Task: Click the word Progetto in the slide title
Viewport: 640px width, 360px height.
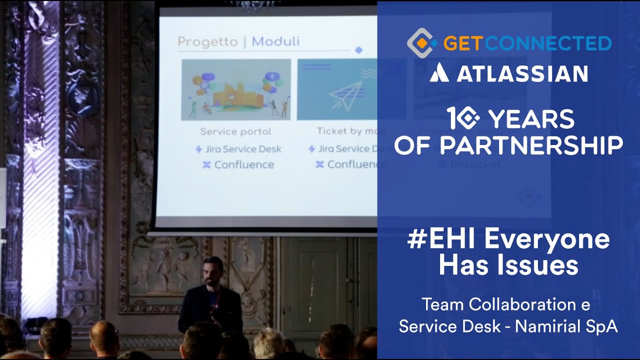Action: (207, 41)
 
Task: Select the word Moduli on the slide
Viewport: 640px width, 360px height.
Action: (275, 41)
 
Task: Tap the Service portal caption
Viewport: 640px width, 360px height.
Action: (235, 131)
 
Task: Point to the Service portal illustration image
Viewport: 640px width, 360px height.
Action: (236, 89)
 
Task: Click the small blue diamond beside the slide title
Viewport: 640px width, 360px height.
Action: (358, 50)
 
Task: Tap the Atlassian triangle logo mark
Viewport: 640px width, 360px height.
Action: (439, 73)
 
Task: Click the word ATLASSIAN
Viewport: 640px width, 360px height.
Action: (521, 74)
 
